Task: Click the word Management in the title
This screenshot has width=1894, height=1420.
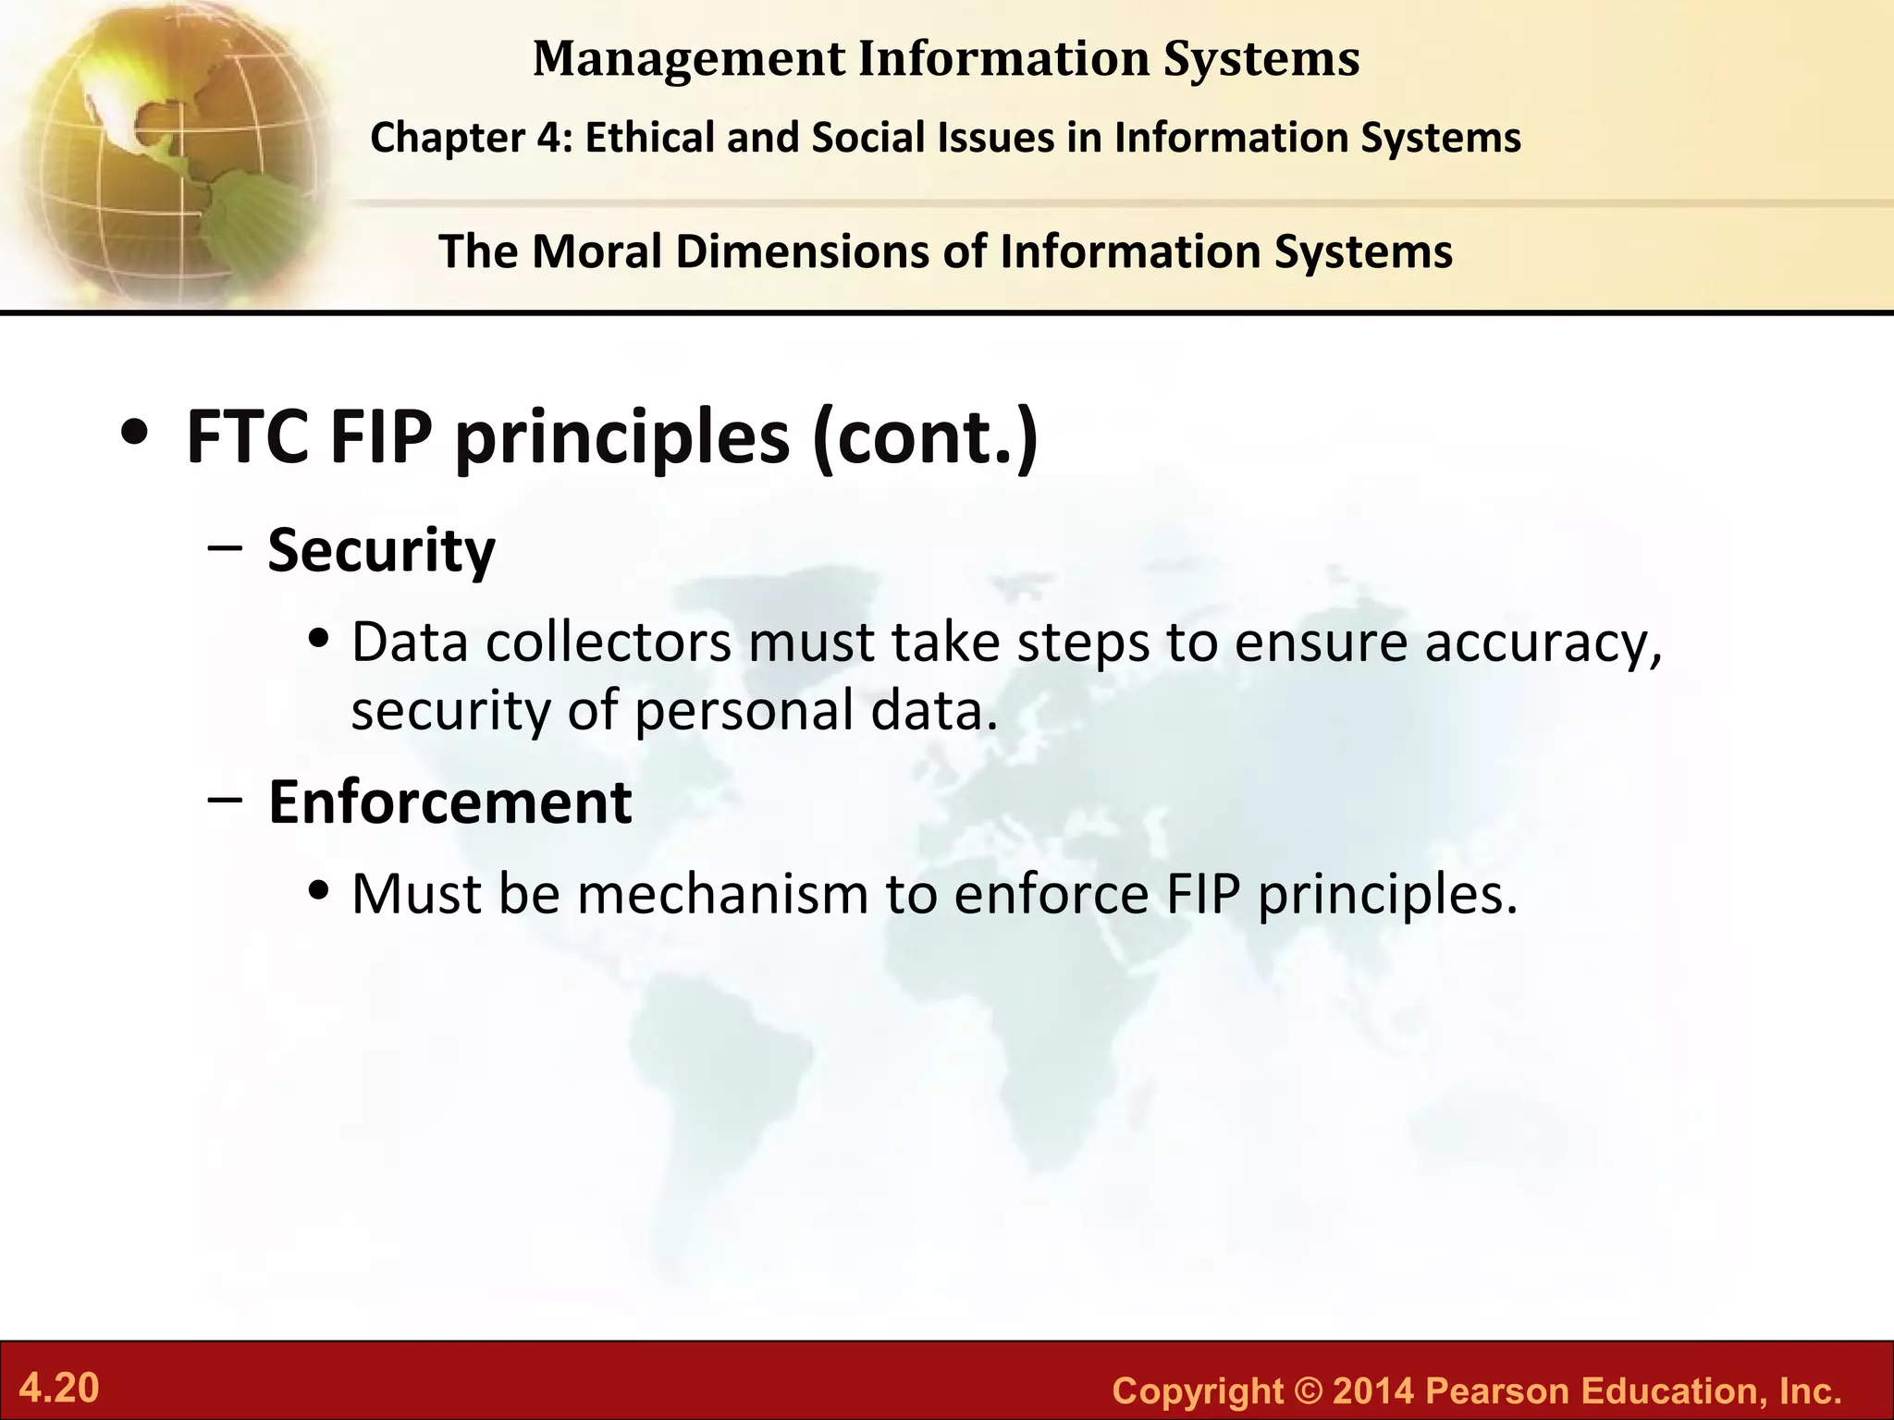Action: pos(688,59)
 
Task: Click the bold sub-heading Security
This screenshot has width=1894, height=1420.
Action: pos(381,550)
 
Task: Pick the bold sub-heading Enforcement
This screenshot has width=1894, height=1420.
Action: pos(449,802)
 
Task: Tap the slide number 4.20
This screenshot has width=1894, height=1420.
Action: pos(59,1389)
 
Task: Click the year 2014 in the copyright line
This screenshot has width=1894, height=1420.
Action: pos(1373,1390)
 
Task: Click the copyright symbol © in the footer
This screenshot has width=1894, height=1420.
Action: pos(1309,1390)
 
